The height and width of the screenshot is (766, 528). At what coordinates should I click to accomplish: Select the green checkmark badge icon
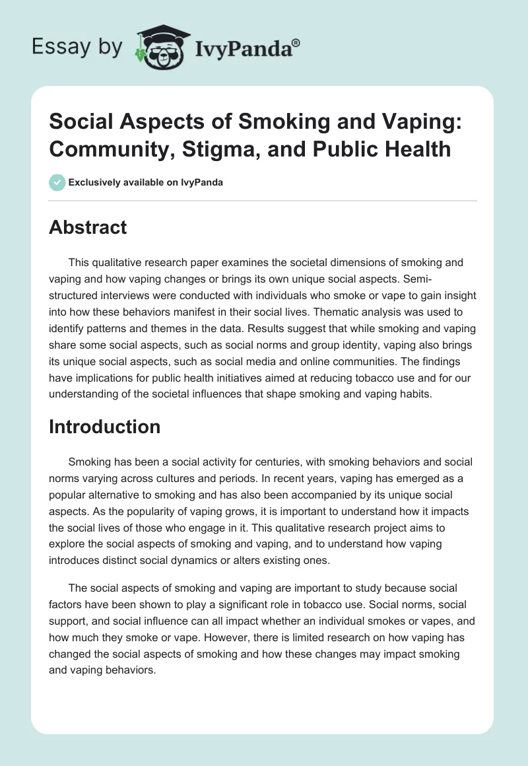pos(57,182)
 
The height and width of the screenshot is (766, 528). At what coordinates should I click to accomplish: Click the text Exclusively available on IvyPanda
pos(145,182)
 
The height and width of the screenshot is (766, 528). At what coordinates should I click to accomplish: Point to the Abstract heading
pos(87,227)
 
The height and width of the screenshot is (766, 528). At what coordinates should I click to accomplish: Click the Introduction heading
pos(104,427)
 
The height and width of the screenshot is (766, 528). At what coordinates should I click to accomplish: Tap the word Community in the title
pos(98,149)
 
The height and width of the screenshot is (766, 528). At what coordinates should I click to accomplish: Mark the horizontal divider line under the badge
pos(263,200)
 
